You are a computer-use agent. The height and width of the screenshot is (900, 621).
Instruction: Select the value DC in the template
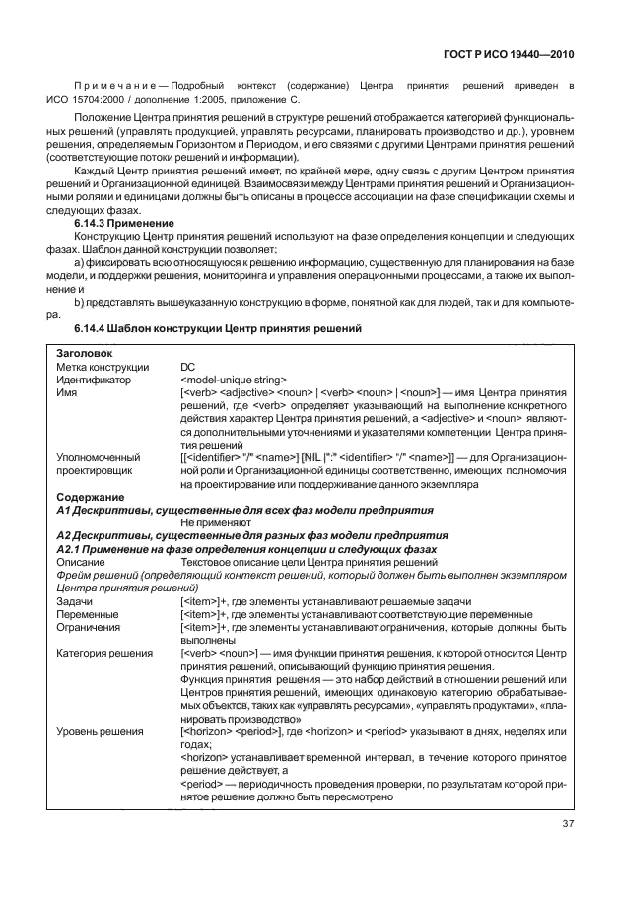pyautogui.click(x=188, y=366)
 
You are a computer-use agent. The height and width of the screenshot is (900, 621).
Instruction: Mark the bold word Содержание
pyautogui.click(x=90, y=497)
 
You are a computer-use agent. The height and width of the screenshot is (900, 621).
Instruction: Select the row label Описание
pyautogui.click(x=81, y=561)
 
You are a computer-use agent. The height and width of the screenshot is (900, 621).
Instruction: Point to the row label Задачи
pyautogui.click(x=75, y=600)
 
